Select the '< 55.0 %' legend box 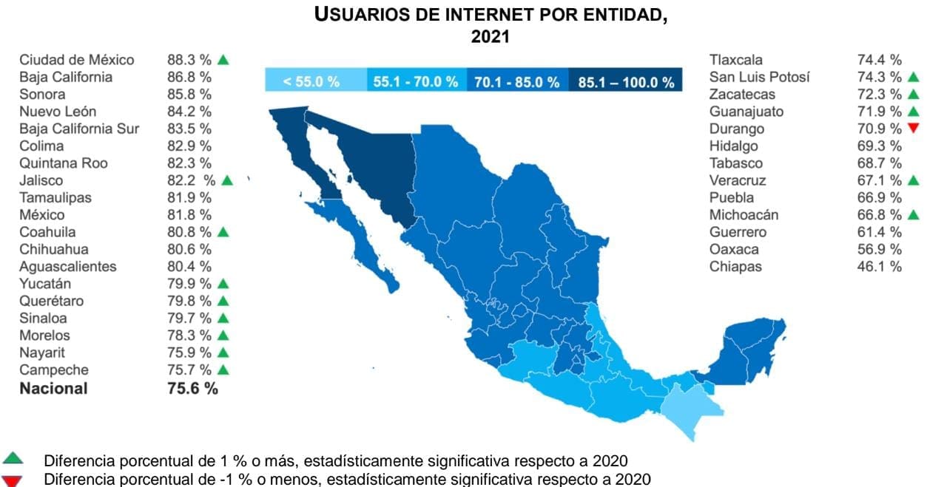tap(316, 81)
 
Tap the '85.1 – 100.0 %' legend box tap(626, 81)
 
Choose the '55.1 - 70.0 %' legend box tap(416, 81)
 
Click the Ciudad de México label tap(77, 60)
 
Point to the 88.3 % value tap(189, 60)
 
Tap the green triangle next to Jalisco tap(226, 180)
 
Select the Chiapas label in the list tap(735, 267)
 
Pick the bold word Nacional tap(53, 389)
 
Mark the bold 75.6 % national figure tap(192, 389)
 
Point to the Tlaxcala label tap(735, 60)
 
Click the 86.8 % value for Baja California tap(189, 77)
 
